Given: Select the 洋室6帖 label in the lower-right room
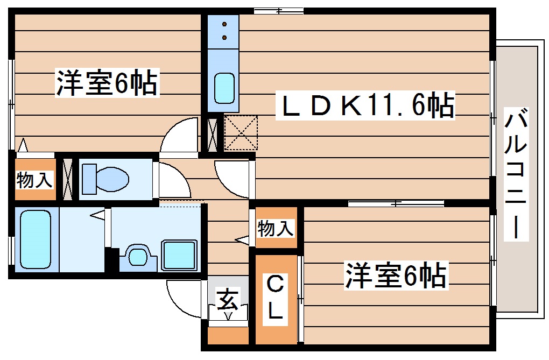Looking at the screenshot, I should point(396,275).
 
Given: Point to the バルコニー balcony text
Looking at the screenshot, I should point(516,173).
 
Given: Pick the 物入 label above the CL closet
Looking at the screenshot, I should point(276,228).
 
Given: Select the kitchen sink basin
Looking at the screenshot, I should point(224,87).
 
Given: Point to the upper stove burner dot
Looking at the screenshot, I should point(224,24).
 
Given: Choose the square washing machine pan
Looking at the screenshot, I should point(179,256).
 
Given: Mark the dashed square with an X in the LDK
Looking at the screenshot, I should point(241,133).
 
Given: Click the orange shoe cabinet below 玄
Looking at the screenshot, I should point(228,334).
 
